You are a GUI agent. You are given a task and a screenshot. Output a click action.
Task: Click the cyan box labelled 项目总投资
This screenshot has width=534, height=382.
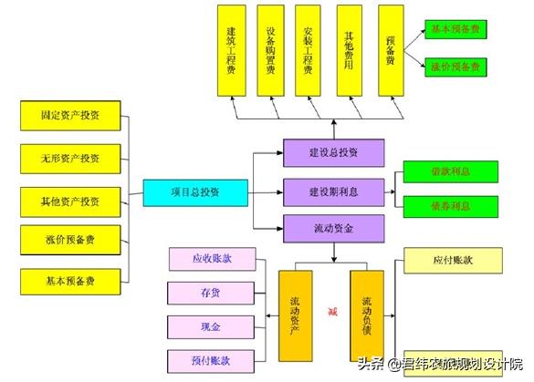tap(195, 192)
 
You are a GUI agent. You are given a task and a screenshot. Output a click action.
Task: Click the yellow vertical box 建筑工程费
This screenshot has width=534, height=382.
tap(231, 49)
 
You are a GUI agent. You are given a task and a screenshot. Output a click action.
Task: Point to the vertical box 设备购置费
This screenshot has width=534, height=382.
tap(270, 49)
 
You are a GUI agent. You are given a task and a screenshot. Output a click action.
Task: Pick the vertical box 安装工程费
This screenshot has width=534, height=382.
tap(309, 49)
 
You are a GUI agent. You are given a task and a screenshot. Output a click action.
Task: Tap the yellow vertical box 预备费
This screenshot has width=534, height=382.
tap(390, 49)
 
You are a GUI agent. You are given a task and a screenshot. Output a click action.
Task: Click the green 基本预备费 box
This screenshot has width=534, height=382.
tap(455, 30)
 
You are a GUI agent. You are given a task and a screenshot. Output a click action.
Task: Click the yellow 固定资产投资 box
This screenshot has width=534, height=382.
tap(72, 116)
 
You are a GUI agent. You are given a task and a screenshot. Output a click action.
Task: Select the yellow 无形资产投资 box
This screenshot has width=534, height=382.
tap(72, 158)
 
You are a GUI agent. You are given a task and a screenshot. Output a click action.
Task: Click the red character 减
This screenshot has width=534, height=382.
tap(332, 311)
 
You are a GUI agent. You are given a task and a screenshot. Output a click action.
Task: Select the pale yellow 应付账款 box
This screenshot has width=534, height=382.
tap(453, 261)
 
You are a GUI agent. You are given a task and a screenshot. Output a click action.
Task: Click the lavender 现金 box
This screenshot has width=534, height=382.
tap(210, 325)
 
